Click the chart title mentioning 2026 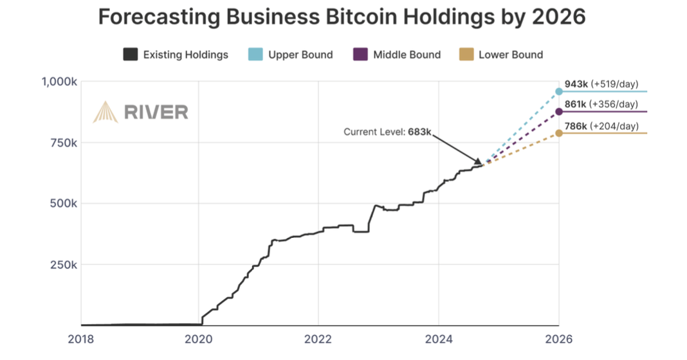342,17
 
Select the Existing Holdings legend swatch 131,55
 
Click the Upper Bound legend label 300,55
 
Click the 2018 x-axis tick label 81,339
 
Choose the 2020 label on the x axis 199,339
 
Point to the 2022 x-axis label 318,339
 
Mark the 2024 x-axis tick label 437,339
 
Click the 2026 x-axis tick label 558,339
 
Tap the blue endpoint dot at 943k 559,91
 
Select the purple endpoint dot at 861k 559,112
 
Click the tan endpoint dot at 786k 559,133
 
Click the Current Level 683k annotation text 387,132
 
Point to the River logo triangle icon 105,112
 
